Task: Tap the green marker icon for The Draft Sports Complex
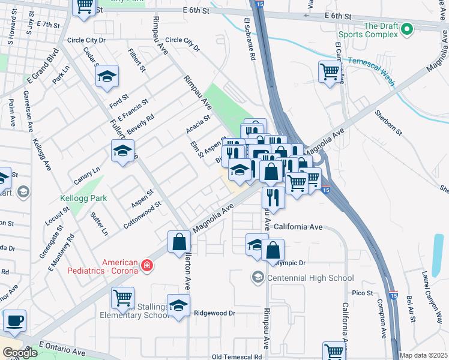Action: (x=407, y=28)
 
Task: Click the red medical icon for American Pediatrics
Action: (x=146, y=266)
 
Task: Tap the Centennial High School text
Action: (x=310, y=278)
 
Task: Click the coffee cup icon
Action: (x=14, y=320)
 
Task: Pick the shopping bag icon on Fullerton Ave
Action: (x=179, y=242)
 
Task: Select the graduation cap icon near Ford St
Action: (x=107, y=76)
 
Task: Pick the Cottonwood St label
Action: (x=142, y=212)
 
